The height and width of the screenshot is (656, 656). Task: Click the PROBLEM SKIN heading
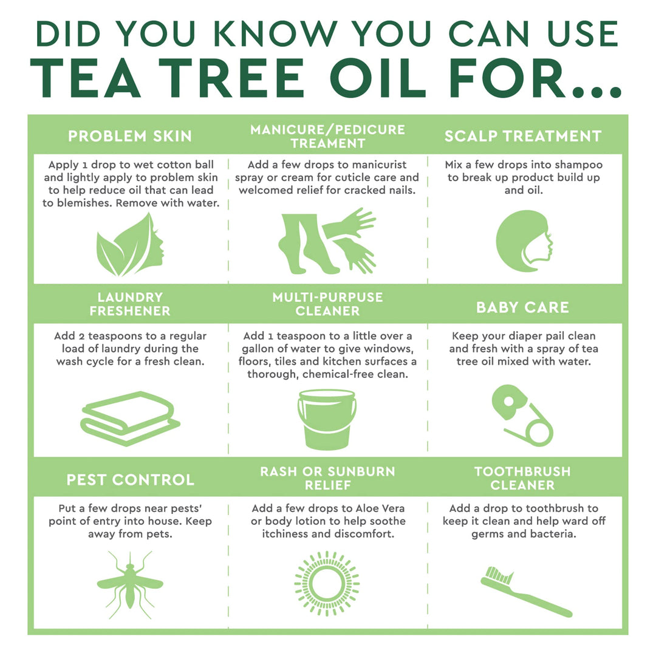130,136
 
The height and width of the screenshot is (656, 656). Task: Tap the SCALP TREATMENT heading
522,136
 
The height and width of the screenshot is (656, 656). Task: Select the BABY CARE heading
522,307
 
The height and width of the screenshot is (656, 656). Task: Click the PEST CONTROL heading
130,480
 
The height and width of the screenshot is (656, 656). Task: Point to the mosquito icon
130,581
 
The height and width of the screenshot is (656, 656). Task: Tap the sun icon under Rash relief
327,583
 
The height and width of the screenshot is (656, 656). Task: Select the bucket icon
327,419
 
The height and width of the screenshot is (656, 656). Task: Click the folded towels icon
130,419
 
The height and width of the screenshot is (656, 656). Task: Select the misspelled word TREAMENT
327,143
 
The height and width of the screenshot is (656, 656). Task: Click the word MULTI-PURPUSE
327,298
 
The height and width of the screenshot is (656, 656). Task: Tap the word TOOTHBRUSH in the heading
522,472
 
